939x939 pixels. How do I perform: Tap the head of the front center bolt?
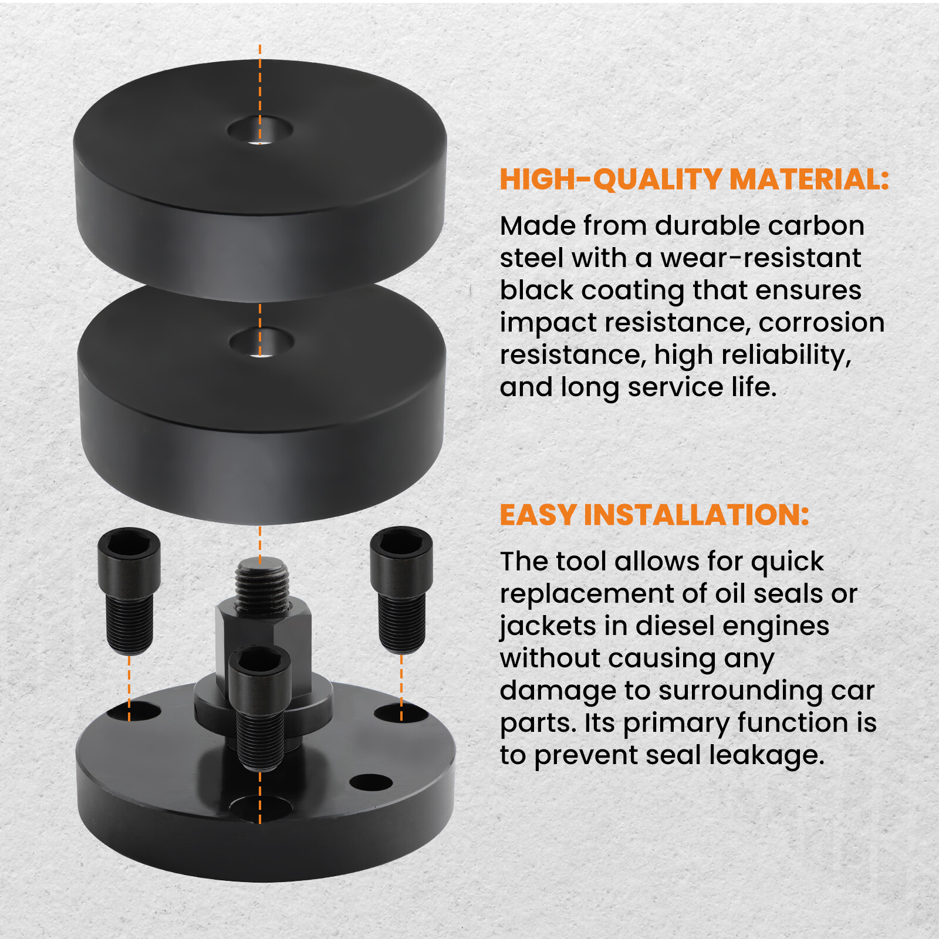pos(259,666)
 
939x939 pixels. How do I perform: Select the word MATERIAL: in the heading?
pos(809,180)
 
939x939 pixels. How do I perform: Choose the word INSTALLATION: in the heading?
pos(696,515)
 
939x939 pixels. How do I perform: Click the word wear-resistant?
pos(761,258)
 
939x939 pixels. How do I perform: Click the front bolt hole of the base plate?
pos(260,808)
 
